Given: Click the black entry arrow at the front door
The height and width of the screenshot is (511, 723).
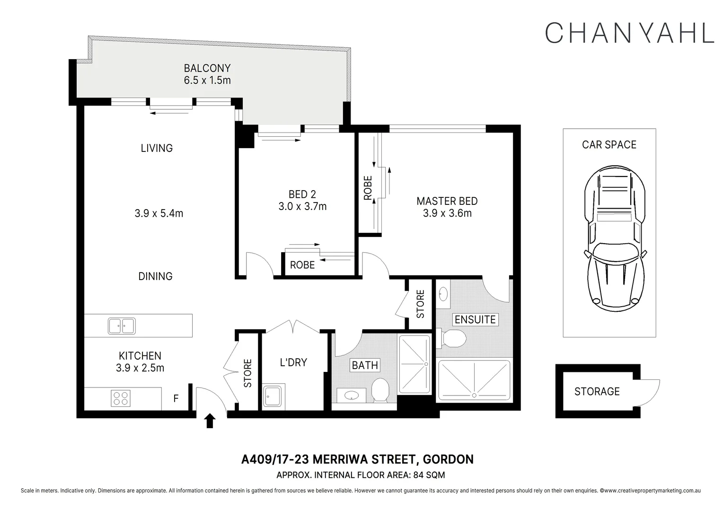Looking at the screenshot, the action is [210, 421].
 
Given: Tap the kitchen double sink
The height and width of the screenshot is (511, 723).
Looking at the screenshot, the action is [122, 326].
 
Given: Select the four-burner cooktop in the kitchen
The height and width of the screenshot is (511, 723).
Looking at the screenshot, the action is [120, 398].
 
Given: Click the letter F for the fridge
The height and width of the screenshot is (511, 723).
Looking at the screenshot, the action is [176, 398].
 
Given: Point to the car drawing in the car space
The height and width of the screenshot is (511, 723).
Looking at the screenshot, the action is [615, 238].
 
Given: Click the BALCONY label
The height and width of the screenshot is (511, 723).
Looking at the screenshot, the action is [207, 68].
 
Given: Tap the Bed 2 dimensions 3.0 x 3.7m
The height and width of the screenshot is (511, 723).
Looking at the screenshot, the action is [302, 206].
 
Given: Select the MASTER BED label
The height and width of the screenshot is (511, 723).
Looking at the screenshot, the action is [447, 201].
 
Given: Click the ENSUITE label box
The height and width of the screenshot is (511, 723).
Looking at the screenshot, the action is [475, 319].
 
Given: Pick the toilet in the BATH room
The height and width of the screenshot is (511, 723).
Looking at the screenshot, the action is [380, 390].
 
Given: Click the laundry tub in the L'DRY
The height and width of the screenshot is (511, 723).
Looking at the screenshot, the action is [273, 396].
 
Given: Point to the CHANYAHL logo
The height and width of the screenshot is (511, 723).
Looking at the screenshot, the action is [629, 33].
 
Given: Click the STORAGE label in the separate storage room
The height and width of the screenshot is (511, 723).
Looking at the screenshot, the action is [597, 392].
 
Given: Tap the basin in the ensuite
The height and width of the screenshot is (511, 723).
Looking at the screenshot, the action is [443, 294].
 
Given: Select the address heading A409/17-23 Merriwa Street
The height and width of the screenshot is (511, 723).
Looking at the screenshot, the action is [357, 459].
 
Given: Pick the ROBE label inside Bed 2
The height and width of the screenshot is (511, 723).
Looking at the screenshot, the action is [302, 265].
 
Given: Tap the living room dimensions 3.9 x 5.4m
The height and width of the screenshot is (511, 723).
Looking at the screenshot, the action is [159, 213].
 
